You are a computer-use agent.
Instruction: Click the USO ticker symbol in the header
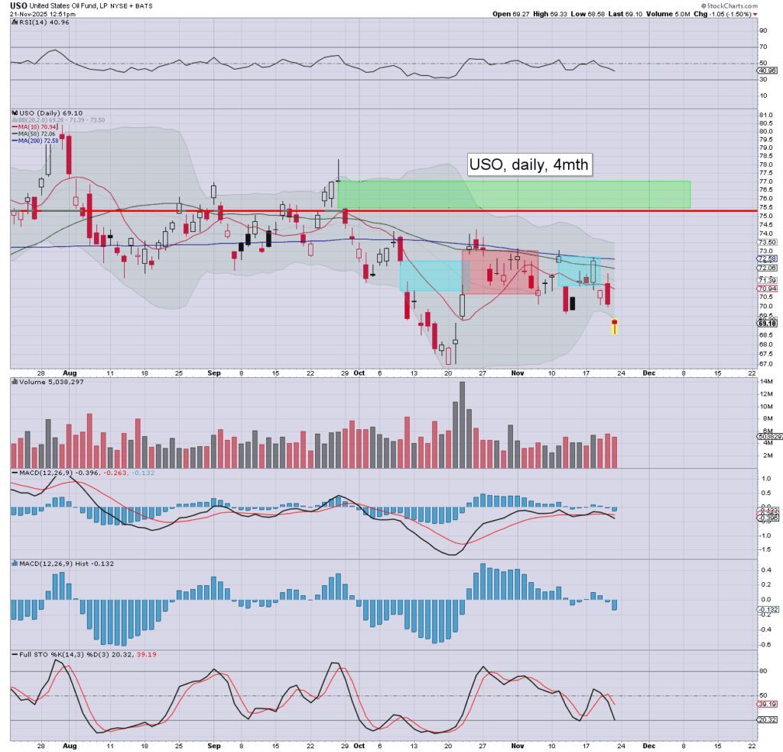coord(18,5)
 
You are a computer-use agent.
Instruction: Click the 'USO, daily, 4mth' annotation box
coord(530,164)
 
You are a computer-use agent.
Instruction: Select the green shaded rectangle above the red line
coord(514,194)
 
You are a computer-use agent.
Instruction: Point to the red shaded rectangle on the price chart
coord(499,272)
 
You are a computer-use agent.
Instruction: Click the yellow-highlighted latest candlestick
coord(613,327)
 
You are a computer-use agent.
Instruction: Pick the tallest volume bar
coord(462,425)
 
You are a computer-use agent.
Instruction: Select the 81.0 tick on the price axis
coord(764,115)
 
